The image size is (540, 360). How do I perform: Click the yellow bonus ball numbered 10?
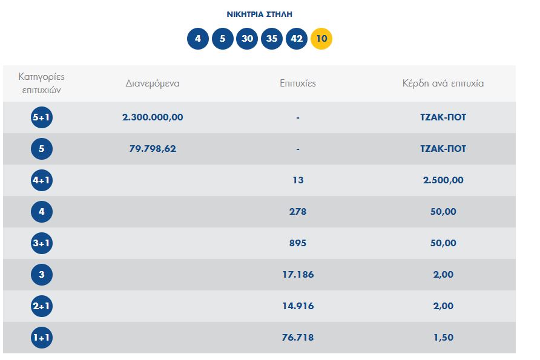tap(321, 39)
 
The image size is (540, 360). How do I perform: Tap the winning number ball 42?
tap(297, 39)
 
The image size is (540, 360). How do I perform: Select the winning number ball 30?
tap(247, 39)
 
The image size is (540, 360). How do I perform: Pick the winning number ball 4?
tap(197, 39)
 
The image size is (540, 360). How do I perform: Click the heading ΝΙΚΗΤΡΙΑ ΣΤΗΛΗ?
tap(259, 14)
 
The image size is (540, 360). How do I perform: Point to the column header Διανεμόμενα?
tap(153, 83)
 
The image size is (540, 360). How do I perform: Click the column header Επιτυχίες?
tap(298, 83)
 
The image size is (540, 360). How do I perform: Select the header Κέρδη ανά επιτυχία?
tap(443, 83)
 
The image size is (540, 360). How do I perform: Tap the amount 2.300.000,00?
tap(153, 117)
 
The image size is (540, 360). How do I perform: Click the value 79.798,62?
tap(153, 149)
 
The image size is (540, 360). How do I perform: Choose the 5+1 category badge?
tap(42, 117)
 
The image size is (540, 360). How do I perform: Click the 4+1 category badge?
tap(42, 180)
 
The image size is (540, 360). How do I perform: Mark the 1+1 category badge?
tap(42, 338)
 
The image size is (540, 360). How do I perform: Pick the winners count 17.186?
tap(298, 275)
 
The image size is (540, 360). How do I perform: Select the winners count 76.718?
tap(298, 338)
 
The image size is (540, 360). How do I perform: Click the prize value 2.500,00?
tap(443, 180)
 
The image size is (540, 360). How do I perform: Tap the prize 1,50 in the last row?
tap(443, 338)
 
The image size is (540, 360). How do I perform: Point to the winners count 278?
tap(298, 212)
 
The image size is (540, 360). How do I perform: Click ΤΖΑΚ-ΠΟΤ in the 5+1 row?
tap(443, 117)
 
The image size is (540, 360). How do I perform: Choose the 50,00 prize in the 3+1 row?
tap(443, 243)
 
